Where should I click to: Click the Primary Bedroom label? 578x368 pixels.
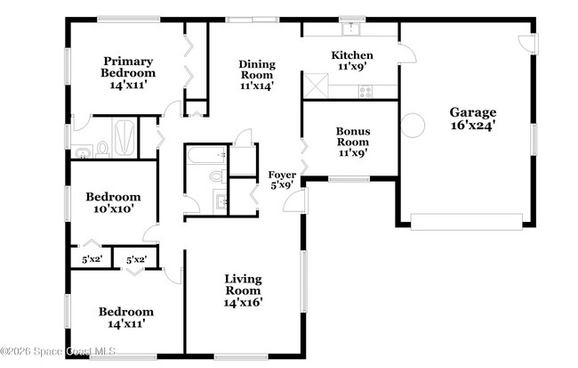pos(127,67)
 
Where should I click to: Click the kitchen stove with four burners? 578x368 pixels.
pos(365,90)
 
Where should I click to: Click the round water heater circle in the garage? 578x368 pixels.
pos(413,125)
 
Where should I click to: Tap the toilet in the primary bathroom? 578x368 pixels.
pos(102,147)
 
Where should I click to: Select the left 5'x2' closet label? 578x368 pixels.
pos(92,259)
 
